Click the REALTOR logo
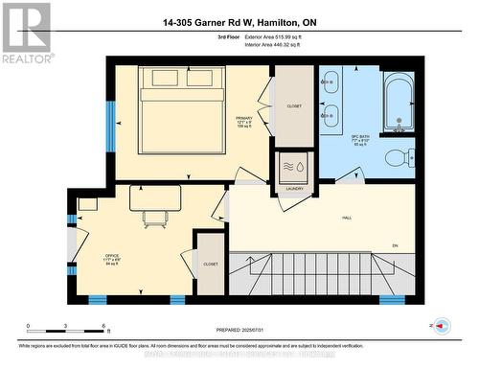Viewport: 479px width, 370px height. pyautogui.click(x=26, y=31)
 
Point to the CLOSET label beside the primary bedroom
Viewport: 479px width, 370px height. pyautogui.click(x=293, y=105)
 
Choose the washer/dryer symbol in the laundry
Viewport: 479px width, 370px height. pyautogui.click(x=294, y=166)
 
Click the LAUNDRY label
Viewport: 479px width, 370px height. pyautogui.click(x=294, y=189)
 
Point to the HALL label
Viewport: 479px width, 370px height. pyautogui.click(x=346, y=219)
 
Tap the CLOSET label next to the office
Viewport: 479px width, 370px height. pyautogui.click(x=210, y=264)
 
